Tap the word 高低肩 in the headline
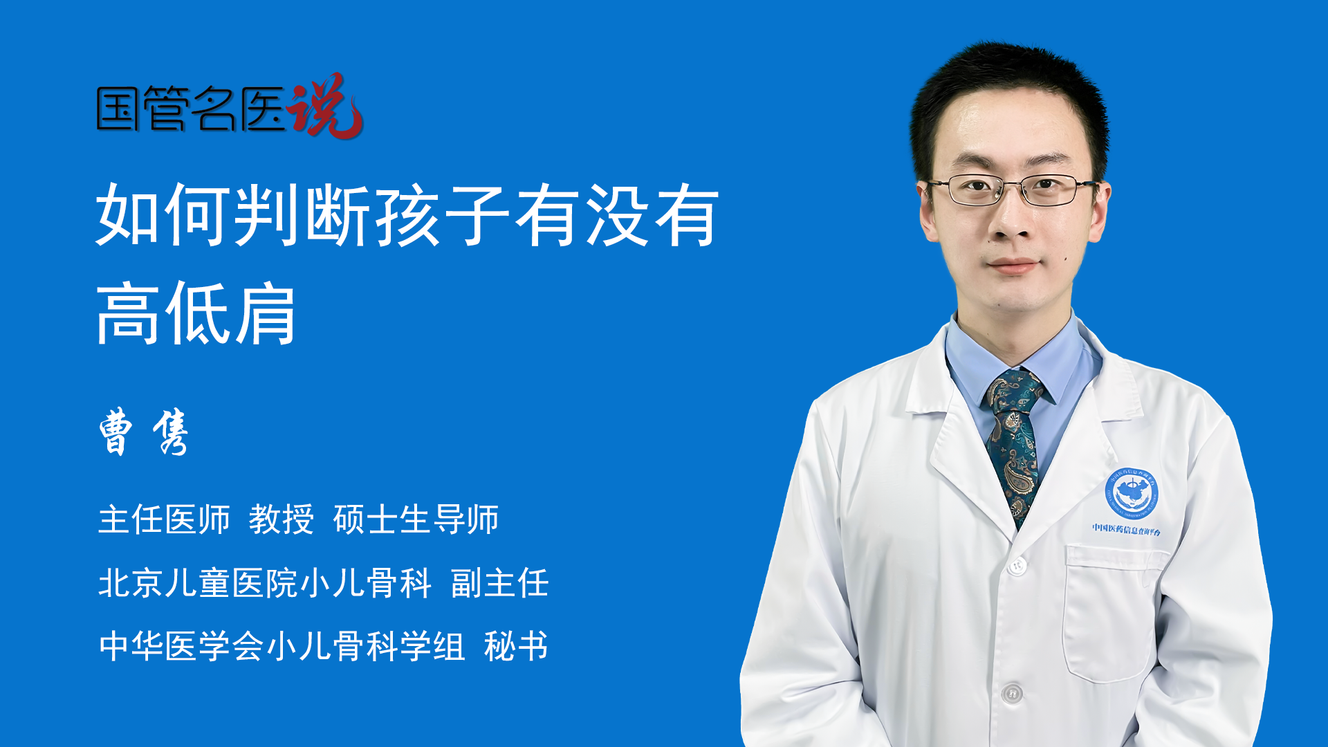(196, 314)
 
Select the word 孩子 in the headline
(443, 214)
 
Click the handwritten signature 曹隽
(144, 432)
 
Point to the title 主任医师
(164, 519)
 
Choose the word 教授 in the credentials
(282, 519)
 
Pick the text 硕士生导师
(416, 519)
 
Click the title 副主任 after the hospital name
(500, 582)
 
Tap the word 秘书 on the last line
(516, 646)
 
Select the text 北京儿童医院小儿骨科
(265, 582)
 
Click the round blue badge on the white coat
(1131, 493)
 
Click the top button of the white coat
(1017, 565)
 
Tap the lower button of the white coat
(1012, 692)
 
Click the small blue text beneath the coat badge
(1127, 529)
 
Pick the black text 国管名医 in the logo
(192, 109)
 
